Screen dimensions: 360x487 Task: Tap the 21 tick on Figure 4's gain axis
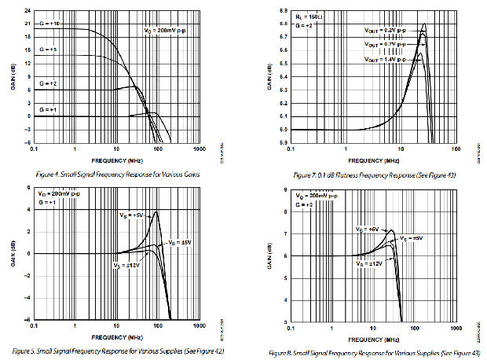pos(28,27)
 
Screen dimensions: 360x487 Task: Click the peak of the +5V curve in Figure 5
pos(157,211)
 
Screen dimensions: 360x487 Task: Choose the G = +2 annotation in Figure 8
pos(304,204)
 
